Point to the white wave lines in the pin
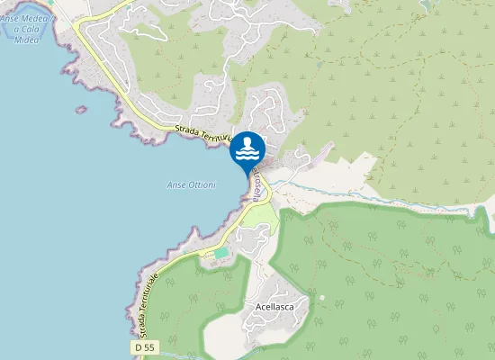[247, 154]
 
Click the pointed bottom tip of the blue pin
[247, 175]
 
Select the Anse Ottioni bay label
[192, 184]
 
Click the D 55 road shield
[144, 347]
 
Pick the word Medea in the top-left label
[39, 18]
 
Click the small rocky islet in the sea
[81, 110]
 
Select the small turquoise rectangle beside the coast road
[220, 254]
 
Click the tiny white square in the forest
[320, 296]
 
